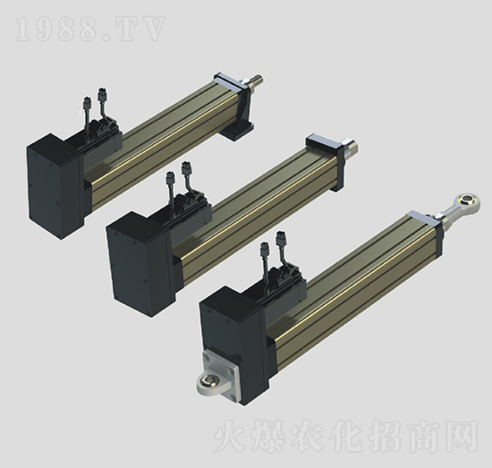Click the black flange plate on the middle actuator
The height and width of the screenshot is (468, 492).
[x=324, y=145]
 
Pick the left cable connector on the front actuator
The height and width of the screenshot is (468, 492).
[x=265, y=248]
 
